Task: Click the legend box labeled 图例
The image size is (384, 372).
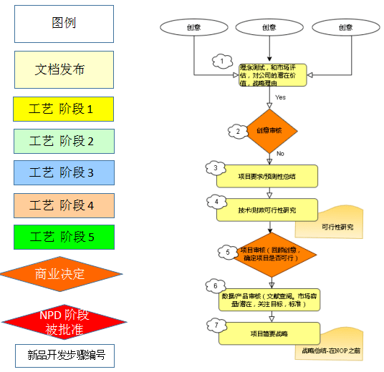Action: tap(64, 24)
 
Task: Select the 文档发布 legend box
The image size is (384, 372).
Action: tap(64, 69)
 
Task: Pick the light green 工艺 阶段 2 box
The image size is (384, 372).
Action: tap(64, 140)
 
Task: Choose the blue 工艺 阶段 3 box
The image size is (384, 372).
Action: tap(64, 172)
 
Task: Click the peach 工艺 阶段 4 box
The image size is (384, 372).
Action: tap(64, 205)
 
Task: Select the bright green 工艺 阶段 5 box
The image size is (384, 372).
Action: tap(64, 238)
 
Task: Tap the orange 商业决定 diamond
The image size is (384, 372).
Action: tap(61, 273)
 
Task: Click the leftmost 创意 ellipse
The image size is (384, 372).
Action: tap(194, 27)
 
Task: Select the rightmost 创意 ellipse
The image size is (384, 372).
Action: tap(345, 27)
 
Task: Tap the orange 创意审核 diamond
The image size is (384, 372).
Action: tap(270, 131)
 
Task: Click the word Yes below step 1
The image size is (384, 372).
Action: tap(281, 97)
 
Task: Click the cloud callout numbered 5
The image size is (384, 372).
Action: tap(228, 252)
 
